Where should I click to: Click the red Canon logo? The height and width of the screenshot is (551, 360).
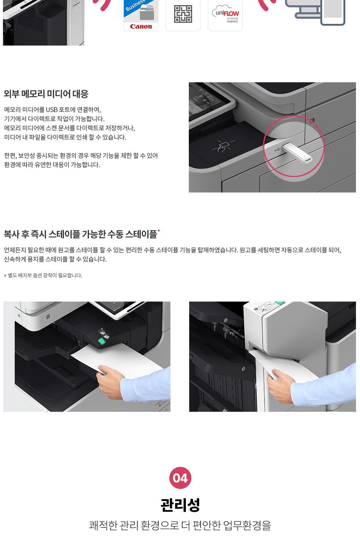(x=141, y=26)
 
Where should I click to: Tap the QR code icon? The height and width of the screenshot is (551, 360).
(x=183, y=14)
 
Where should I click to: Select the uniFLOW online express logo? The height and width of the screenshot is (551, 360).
(x=226, y=14)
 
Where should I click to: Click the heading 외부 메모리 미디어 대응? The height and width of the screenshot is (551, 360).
(x=46, y=94)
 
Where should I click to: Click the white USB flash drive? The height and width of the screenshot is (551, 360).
(x=297, y=152)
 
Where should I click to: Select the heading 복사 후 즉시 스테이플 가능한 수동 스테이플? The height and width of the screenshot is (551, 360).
(x=80, y=234)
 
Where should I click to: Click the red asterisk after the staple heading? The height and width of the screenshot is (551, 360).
(x=159, y=230)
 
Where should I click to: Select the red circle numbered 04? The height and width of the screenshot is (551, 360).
(x=180, y=478)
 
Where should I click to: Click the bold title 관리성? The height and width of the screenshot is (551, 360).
(x=180, y=505)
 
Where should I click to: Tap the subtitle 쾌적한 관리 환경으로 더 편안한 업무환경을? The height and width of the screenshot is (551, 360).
(x=180, y=525)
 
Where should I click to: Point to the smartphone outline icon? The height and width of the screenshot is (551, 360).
(x=333, y=12)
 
